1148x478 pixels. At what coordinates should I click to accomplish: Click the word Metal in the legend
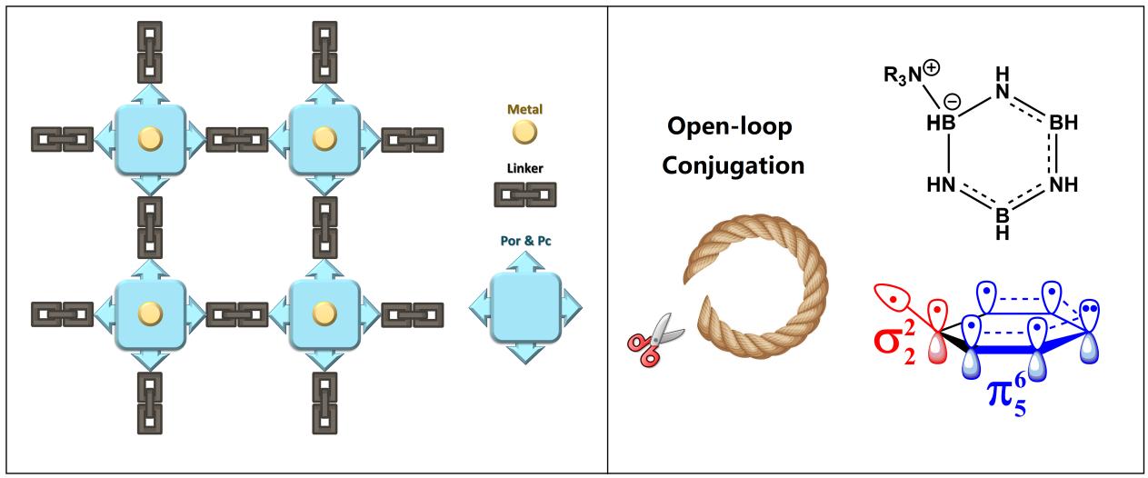[524, 109]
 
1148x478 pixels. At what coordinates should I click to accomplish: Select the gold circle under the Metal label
[524, 132]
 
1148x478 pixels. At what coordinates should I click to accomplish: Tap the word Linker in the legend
[524, 169]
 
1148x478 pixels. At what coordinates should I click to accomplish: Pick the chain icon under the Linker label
[524, 194]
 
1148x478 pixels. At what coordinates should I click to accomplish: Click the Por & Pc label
[524, 243]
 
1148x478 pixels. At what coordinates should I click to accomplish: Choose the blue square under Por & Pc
[525, 308]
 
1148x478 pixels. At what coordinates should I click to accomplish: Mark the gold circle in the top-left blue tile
[149, 139]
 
